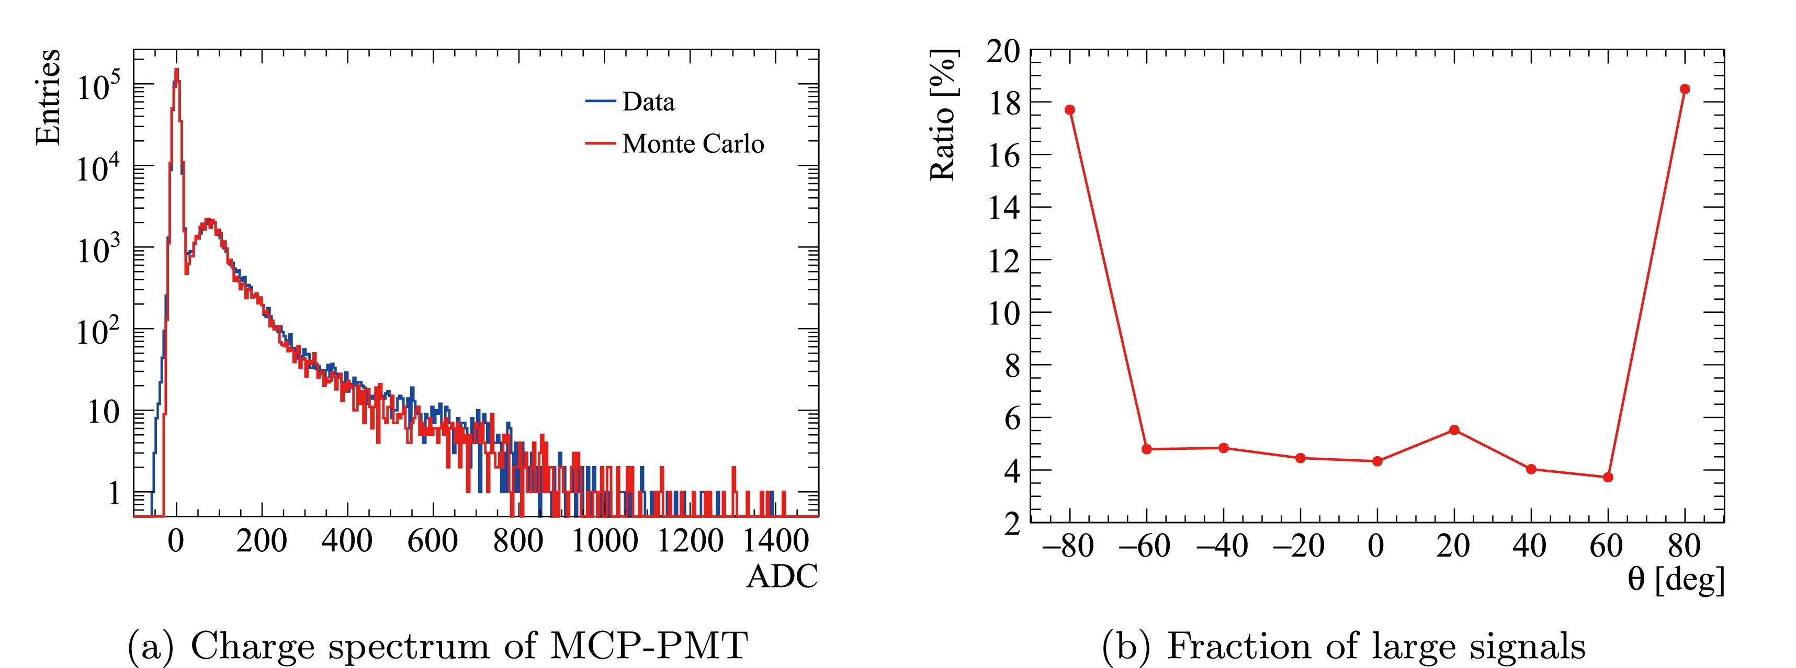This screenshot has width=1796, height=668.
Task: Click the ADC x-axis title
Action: pos(782,576)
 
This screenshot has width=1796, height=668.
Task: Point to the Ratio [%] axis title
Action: pos(943,116)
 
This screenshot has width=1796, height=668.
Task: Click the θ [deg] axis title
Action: pos(1676,579)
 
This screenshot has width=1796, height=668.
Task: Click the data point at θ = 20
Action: pos(1454,430)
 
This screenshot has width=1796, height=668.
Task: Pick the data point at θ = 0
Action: pos(1377,461)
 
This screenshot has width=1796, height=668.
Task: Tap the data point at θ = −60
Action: pos(1147,449)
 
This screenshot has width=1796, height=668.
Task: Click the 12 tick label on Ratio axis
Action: pos(1003,261)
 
